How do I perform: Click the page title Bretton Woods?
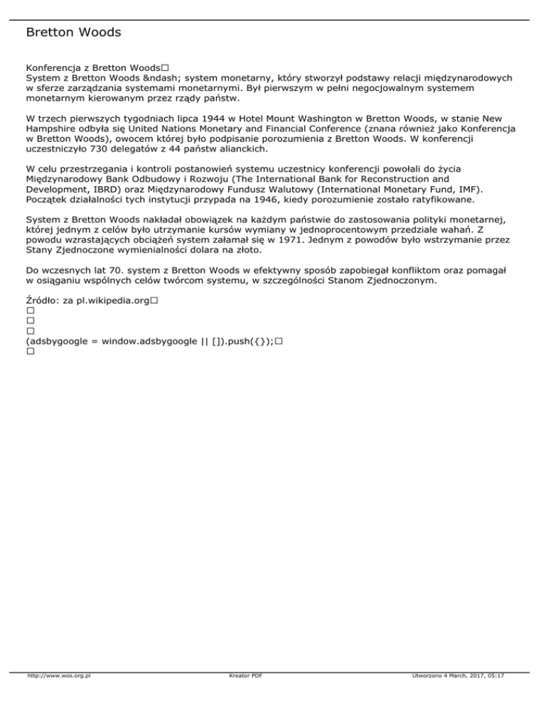coord(73,33)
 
